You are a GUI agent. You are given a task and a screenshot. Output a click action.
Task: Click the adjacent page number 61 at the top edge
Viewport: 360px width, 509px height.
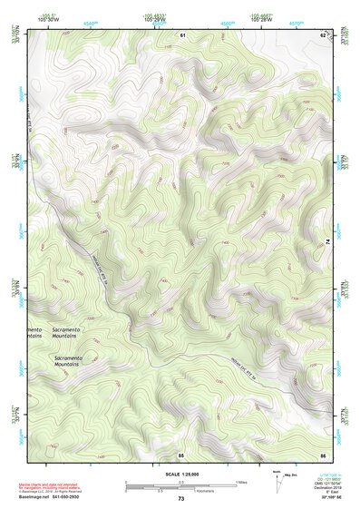181,34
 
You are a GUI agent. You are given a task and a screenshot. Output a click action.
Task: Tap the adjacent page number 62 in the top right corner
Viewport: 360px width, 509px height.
323,34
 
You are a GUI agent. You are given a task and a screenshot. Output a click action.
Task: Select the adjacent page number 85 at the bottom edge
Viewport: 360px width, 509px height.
181,454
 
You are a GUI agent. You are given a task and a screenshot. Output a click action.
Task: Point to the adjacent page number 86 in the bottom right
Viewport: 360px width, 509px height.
323,454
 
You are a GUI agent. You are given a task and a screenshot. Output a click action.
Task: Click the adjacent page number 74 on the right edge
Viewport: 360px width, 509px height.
327,241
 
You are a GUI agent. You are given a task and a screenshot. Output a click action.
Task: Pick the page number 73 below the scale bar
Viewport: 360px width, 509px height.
180,499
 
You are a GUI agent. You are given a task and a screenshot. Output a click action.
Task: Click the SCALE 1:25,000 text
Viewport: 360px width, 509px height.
180,474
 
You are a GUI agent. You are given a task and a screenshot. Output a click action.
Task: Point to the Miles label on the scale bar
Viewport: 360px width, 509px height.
240,481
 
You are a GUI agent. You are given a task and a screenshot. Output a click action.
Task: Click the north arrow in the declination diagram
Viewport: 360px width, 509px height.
276,479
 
